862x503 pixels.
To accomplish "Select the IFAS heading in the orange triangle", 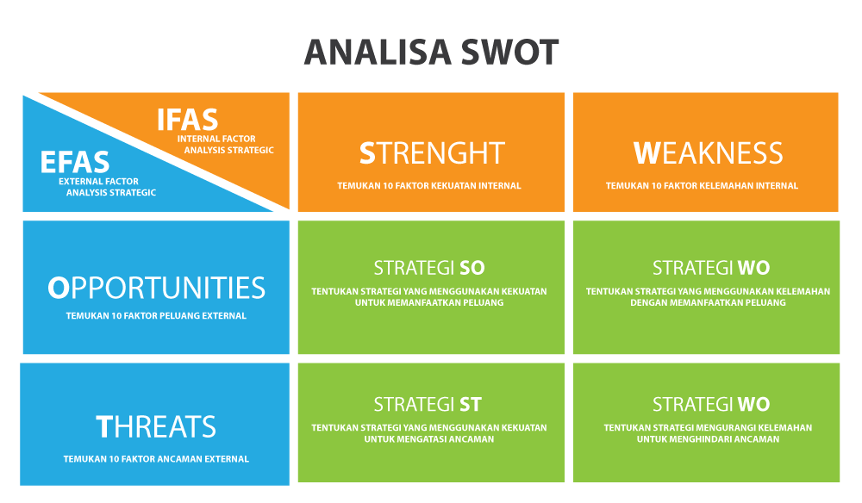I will coord(187,119).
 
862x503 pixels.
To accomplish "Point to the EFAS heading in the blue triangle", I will coord(75,162).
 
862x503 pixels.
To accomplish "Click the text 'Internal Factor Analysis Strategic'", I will coord(226,144).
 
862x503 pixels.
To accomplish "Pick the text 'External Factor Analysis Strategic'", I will coord(105,187).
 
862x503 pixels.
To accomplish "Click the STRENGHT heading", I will coord(431,152).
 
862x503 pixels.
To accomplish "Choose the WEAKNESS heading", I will coord(708,152).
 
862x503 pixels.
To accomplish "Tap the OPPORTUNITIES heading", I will coord(156,288).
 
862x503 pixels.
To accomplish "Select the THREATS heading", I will coord(156,426).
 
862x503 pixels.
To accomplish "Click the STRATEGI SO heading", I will coord(429,267).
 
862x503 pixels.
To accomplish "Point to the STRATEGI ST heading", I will coord(428,404).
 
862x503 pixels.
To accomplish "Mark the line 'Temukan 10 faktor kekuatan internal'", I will coord(429,185).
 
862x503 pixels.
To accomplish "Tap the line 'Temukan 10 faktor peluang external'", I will coord(156,316).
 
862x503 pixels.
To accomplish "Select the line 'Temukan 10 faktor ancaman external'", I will coord(156,459).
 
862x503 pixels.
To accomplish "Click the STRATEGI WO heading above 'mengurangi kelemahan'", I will coord(711,404).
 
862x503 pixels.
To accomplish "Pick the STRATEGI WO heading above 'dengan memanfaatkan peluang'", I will coord(711,267).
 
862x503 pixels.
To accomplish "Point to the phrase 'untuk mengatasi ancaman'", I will coord(429,439).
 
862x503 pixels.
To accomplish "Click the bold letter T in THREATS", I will coord(104,426).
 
